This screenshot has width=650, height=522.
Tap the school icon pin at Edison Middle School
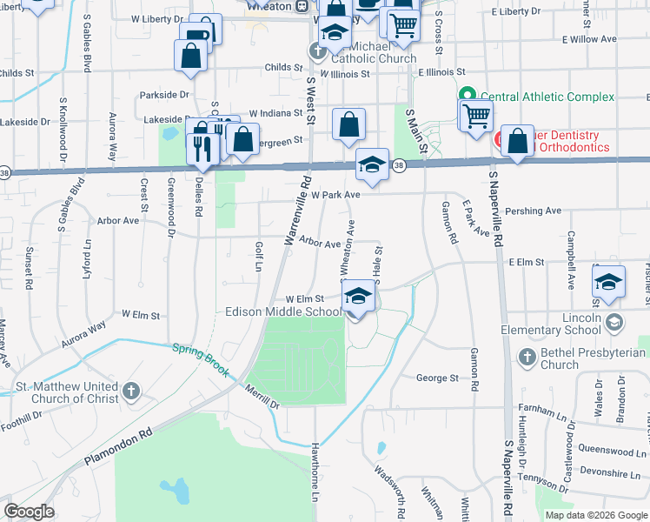[x=356, y=298]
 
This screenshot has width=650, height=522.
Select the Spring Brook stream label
[x=200, y=359]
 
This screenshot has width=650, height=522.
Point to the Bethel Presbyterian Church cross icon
[x=527, y=357]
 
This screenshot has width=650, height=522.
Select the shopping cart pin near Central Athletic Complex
[x=476, y=117]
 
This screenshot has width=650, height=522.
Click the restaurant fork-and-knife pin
[x=202, y=149]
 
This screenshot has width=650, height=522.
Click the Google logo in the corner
[x=29, y=512]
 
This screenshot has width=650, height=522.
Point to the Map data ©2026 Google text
[x=595, y=515]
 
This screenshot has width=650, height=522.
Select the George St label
[x=437, y=378]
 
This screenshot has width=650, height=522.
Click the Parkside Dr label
[x=164, y=94]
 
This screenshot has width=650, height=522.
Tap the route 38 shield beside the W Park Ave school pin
[x=398, y=164]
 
